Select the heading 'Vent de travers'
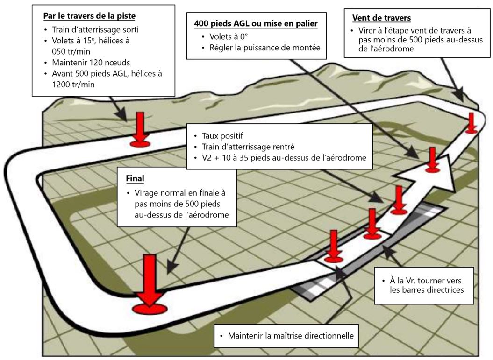pos(381,18)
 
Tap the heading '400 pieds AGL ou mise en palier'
pos(256,23)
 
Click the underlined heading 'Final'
pos(136,179)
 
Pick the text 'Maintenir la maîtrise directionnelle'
pos(290,336)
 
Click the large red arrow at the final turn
pos(149,285)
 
